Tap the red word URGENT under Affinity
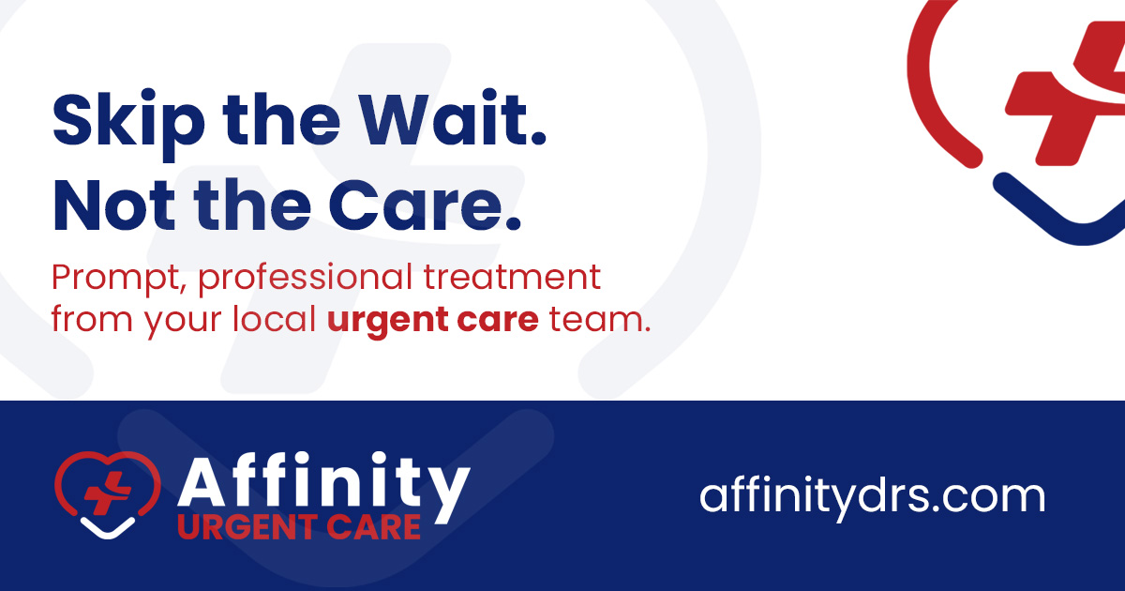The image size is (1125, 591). tap(240, 527)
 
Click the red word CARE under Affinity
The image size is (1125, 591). tap(371, 527)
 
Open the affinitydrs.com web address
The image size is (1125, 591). tap(871, 494)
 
